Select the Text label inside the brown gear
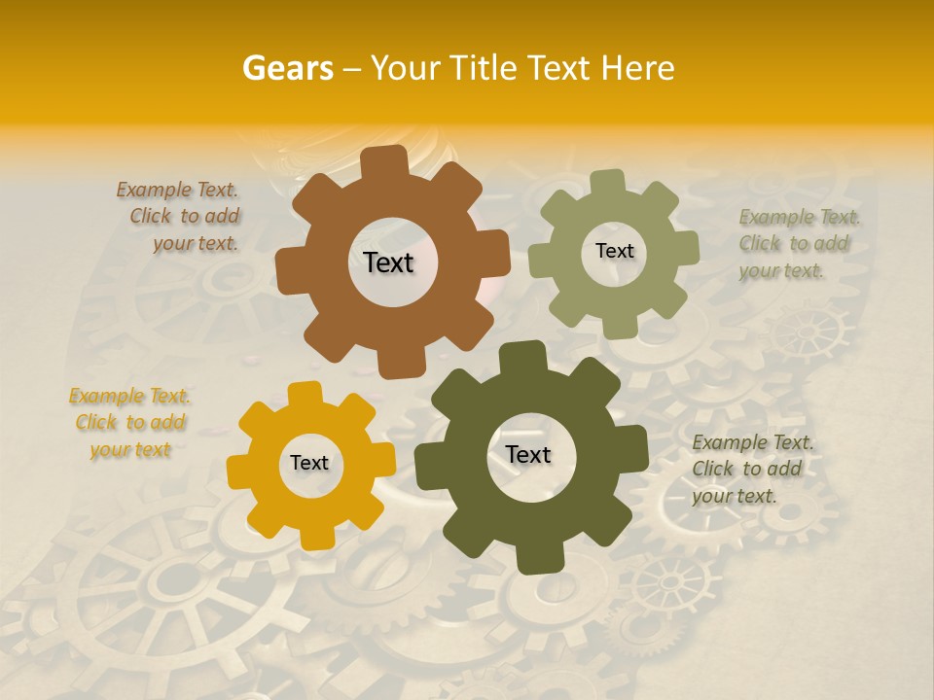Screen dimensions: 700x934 pos(388,262)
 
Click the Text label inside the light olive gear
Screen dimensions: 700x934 pos(614,251)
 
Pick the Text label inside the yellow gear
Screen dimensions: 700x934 pos(309,464)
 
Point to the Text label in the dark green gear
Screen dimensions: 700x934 pos(528,455)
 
